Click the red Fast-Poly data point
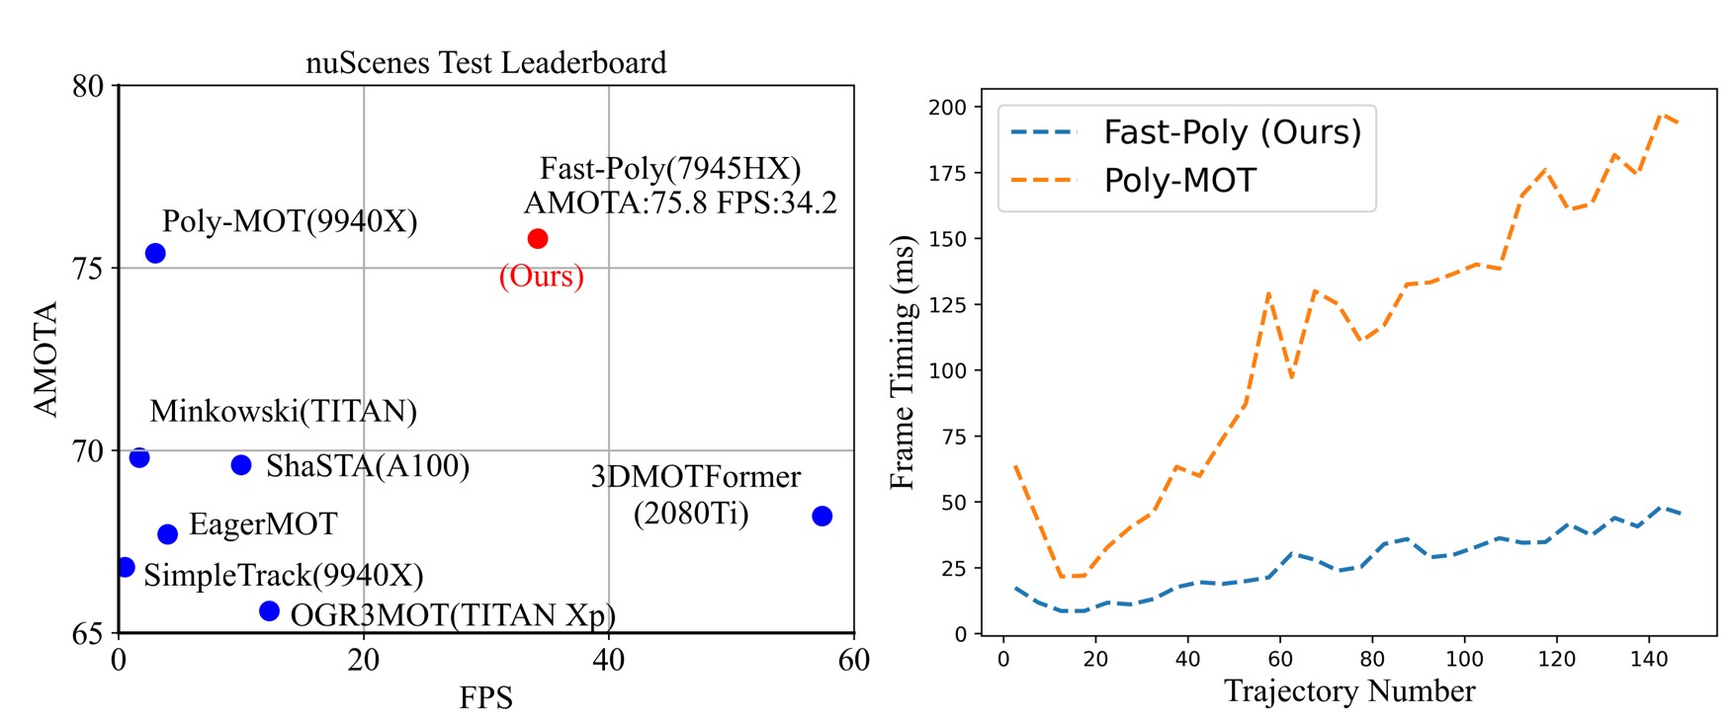[537, 239]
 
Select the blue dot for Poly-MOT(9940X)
[155, 254]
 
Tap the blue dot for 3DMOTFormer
[822, 517]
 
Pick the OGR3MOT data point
[269, 611]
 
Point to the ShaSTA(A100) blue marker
[241, 465]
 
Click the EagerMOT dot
[167, 534]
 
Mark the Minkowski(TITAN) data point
[139, 458]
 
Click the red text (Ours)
[541, 276]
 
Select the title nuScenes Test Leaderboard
[485, 63]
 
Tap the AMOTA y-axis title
[45, 360]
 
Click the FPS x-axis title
[485, 698]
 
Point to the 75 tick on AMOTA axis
[88, 269]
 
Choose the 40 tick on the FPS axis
[608, 660]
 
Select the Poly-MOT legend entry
[1179, 181]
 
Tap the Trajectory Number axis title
[1348, 691]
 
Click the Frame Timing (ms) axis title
[903, 361]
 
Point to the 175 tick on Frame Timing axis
[948, 173]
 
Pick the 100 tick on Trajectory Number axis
[1464, 659]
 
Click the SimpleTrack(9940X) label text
[283, 575]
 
